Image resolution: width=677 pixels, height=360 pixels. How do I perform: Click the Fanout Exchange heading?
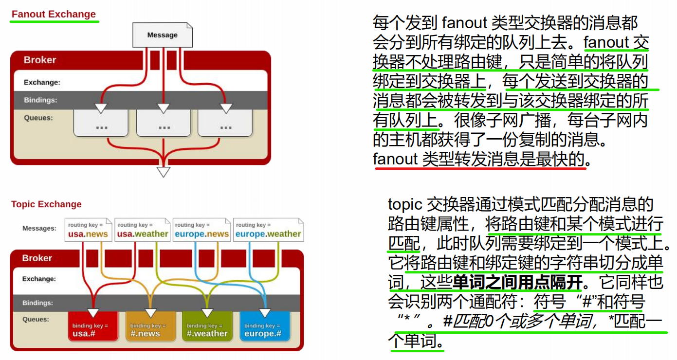[x=54, y=14]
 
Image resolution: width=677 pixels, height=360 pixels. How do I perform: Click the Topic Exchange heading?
[x=46, y=204]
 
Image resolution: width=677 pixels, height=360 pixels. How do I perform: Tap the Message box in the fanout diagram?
[x=163, y=35]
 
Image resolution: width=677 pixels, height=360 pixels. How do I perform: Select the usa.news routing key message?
[x=88, y=230]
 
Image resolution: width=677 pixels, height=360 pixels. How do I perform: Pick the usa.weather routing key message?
[x=143, y=230]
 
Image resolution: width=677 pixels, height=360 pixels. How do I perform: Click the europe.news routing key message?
[x=201, y=230]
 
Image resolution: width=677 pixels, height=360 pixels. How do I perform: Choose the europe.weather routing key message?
[x=268, y=230]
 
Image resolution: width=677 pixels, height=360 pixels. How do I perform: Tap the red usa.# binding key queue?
[x=92, y=329]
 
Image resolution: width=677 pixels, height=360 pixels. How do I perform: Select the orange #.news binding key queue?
[x=150, y=329]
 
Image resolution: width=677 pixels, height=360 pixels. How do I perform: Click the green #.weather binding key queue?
[x=207, y=329]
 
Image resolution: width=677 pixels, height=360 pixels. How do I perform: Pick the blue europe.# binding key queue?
[x=264, y=329]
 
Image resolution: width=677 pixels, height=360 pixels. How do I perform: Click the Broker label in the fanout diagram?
[x=40, y=60]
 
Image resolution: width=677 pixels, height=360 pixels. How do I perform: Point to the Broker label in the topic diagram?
[x=37, y=258]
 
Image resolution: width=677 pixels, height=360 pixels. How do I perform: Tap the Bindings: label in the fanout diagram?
[x=40, y=100]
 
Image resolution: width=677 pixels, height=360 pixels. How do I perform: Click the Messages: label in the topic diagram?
[x=39, y=228]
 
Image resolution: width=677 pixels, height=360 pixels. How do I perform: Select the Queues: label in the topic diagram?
[x=36, y=320]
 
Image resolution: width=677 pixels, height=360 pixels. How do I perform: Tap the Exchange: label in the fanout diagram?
[x=42, y=83]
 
